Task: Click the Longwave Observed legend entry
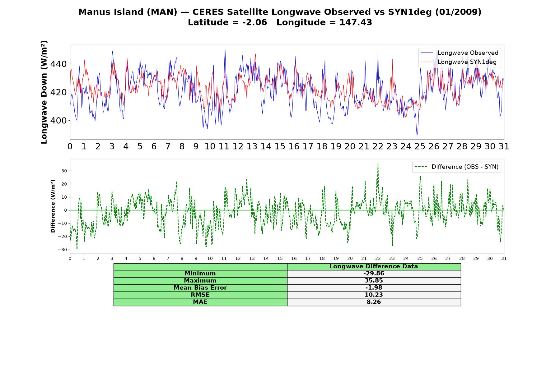(459, 53)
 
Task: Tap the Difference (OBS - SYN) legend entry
(456, 167)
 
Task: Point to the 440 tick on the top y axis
(58, 64)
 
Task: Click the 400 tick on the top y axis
(58, 120)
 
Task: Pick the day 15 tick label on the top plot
(280, 146)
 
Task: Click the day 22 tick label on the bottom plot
(378, 258)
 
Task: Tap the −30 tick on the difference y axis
(62, 250)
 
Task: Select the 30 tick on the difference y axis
(64, 171)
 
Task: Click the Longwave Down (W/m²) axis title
(44, 92)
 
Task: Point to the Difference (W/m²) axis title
(53, 206)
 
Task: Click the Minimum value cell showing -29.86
(374, 274)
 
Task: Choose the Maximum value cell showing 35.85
(374, 281)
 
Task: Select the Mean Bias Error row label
(200, 288)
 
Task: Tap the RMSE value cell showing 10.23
(374, 295)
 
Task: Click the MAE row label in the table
(200, 302)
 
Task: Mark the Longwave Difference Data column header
(374, 266)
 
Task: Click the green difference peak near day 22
(378, 163)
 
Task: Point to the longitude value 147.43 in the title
(356, 22)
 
